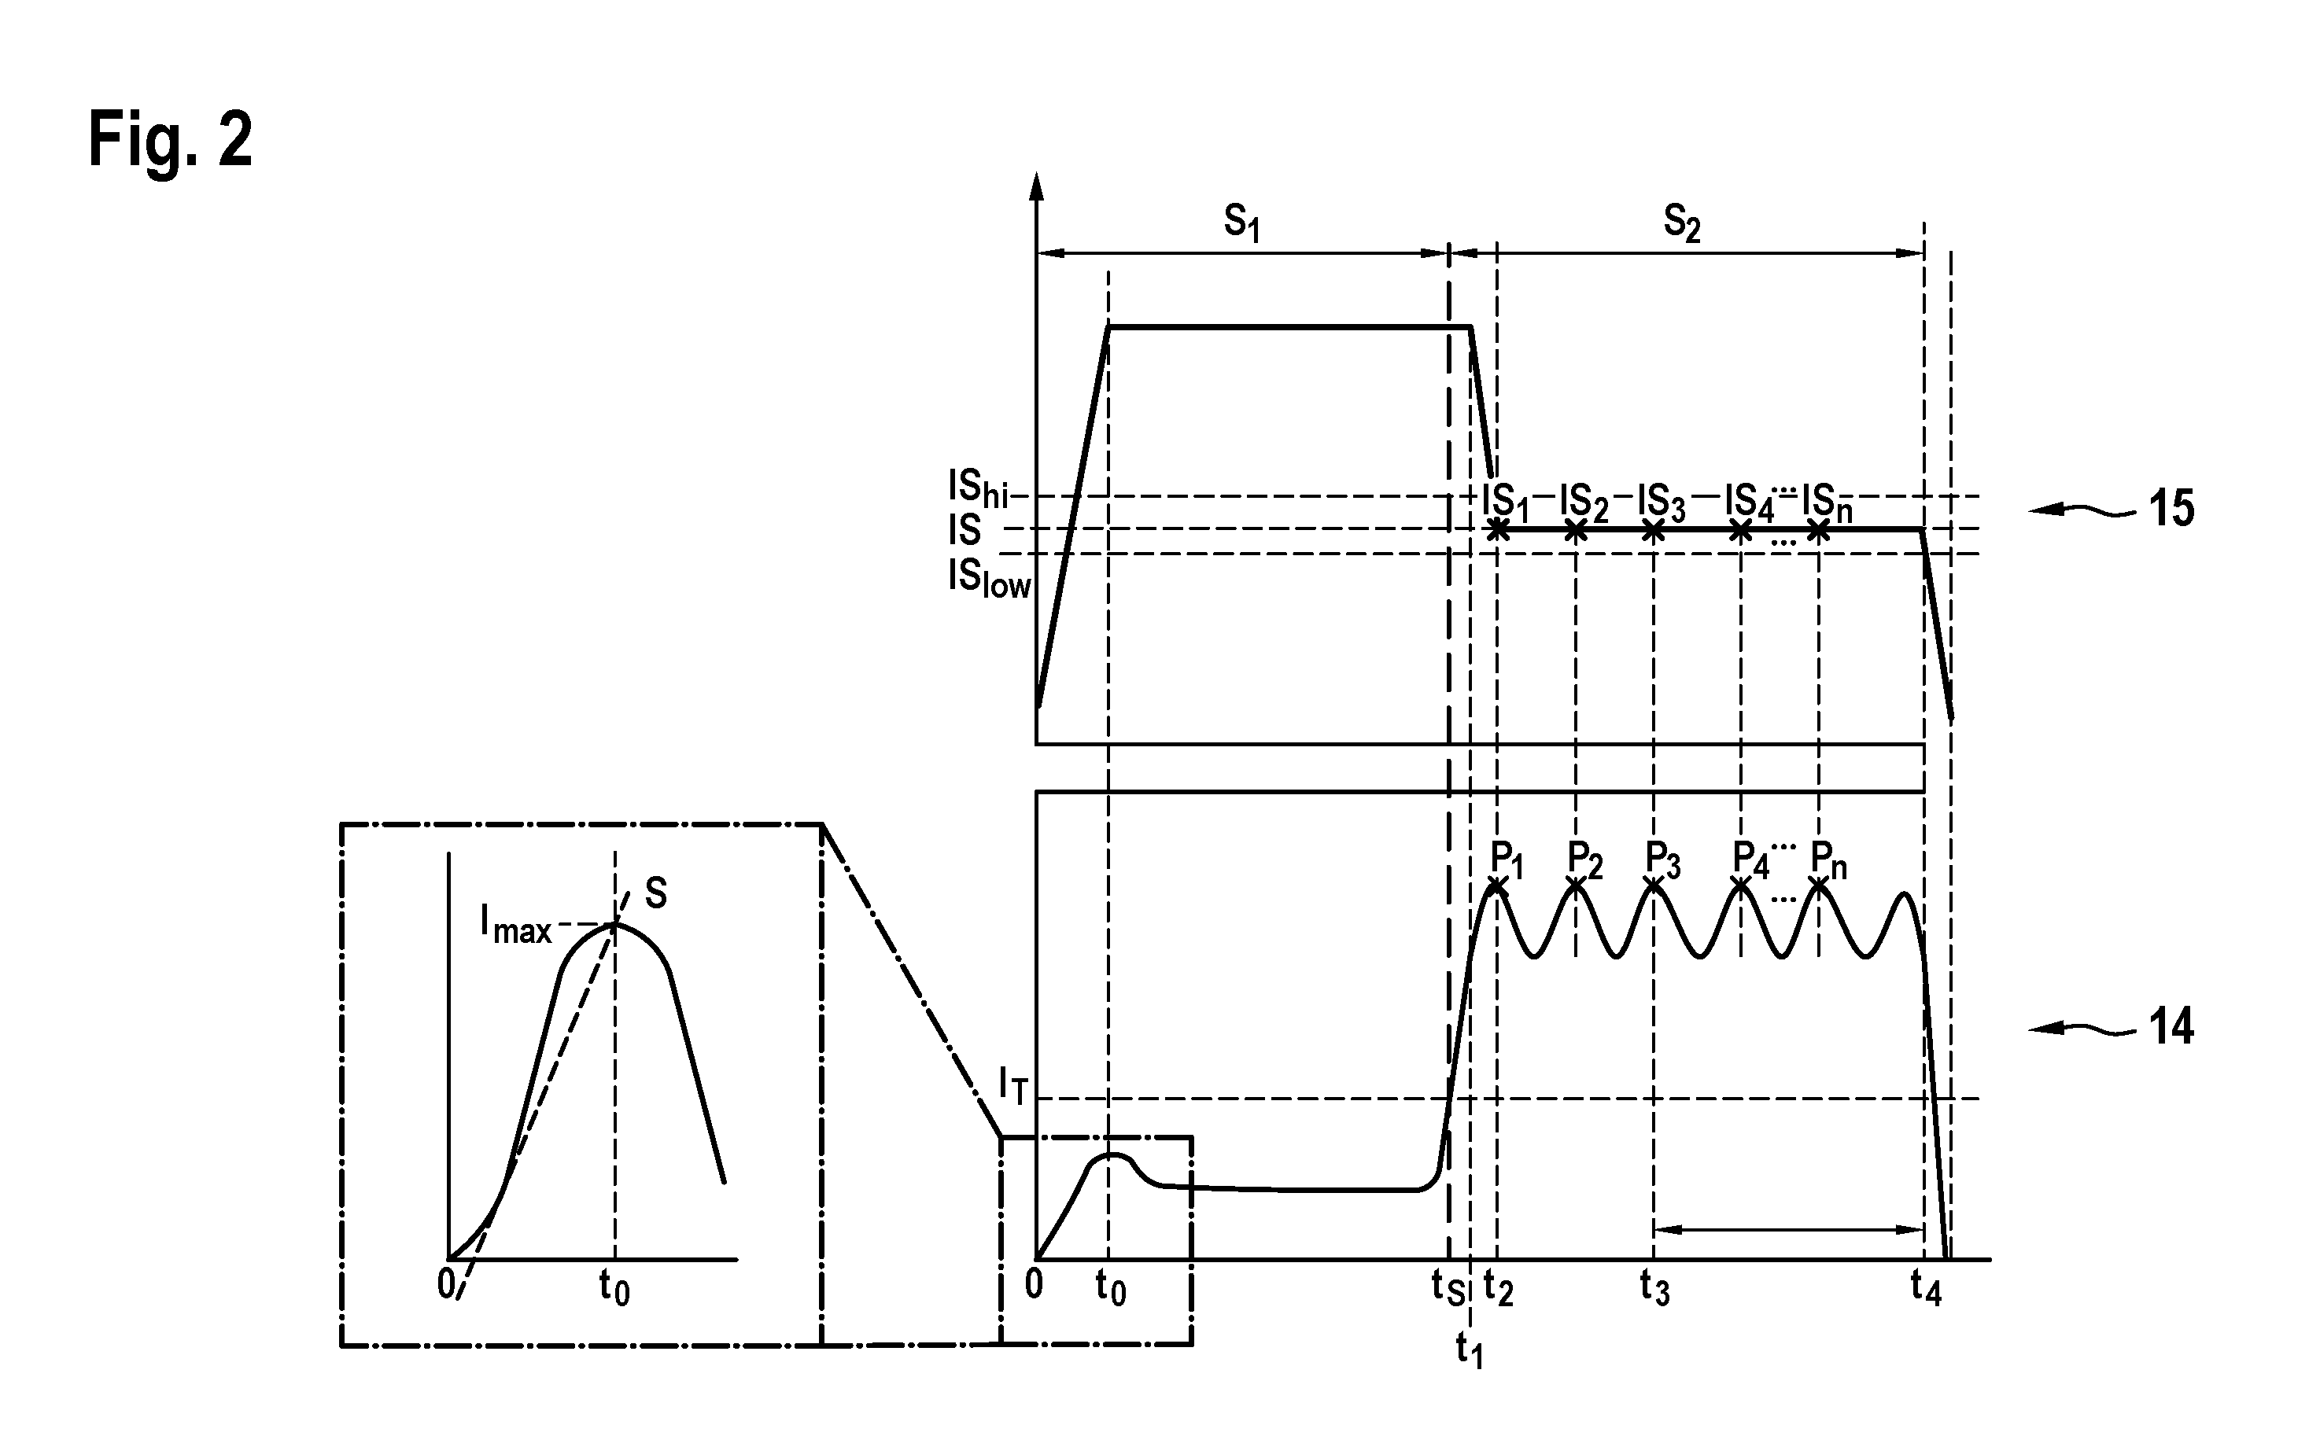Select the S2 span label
tap(1682, 224)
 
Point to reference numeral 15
tap(2171, 509)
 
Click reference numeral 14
tap(2171, 1027)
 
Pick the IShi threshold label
tap(978, 490)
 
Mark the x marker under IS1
tap(1499, 530)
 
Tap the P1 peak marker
tap(1497, 888)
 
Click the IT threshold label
tap(1013, 1085)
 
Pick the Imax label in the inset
tap(516, 925)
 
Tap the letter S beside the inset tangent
tap(655, 893)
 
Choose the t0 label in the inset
tap(614, 1287)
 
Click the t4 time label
tap(1926, 1287)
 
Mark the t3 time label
tap(1654, 1287)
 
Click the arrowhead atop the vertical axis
tap(1035, 186)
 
